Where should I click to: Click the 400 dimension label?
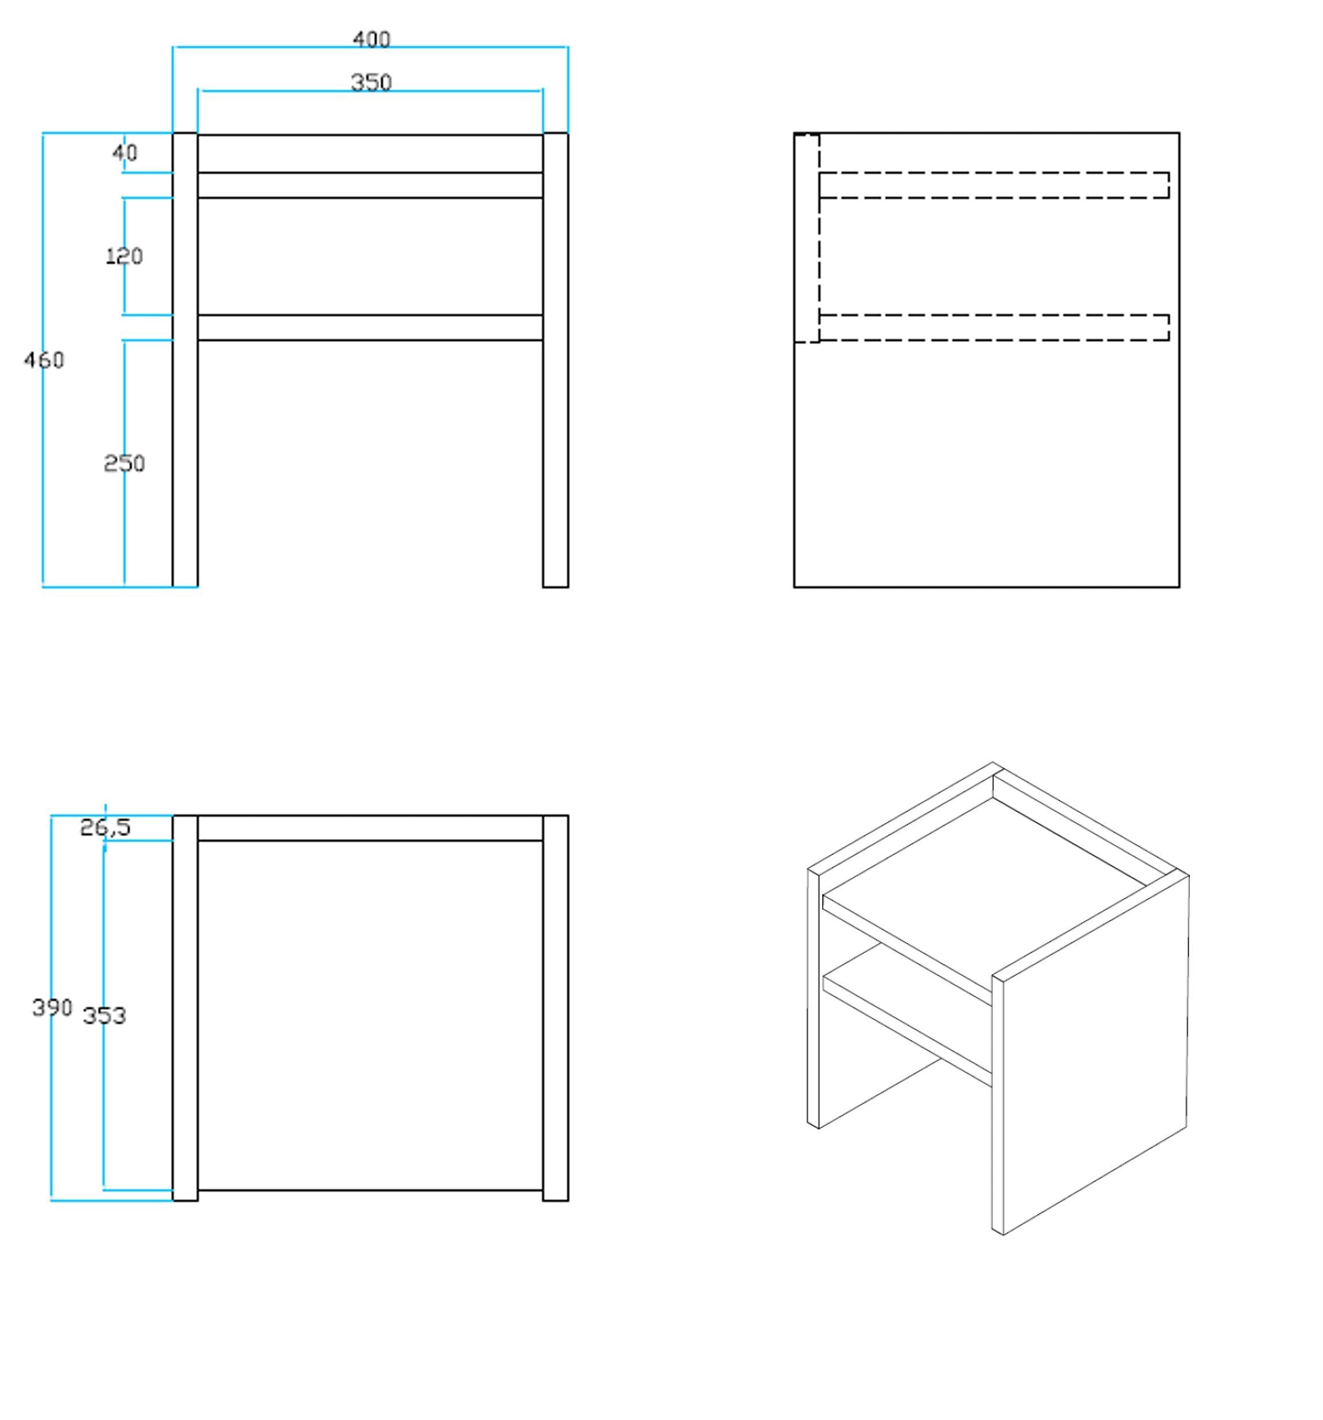point(371,38)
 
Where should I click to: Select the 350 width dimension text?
point(371,83)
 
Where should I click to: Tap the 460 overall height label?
point(44,360)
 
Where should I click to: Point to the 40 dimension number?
point(125,152)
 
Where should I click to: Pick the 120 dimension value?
point(124,256)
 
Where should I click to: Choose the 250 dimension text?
point(124,464)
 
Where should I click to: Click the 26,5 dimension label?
point(105,827)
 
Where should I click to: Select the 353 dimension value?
point(104,1016)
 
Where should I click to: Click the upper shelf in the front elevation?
point(370,185)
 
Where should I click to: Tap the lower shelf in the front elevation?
point(370,327)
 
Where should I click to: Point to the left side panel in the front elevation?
point(185,360)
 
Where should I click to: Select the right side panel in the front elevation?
point(556,360)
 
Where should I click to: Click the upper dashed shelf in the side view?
point(994,185)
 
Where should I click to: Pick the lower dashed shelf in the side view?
point(994,327)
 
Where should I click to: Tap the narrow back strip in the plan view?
point(370,828)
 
